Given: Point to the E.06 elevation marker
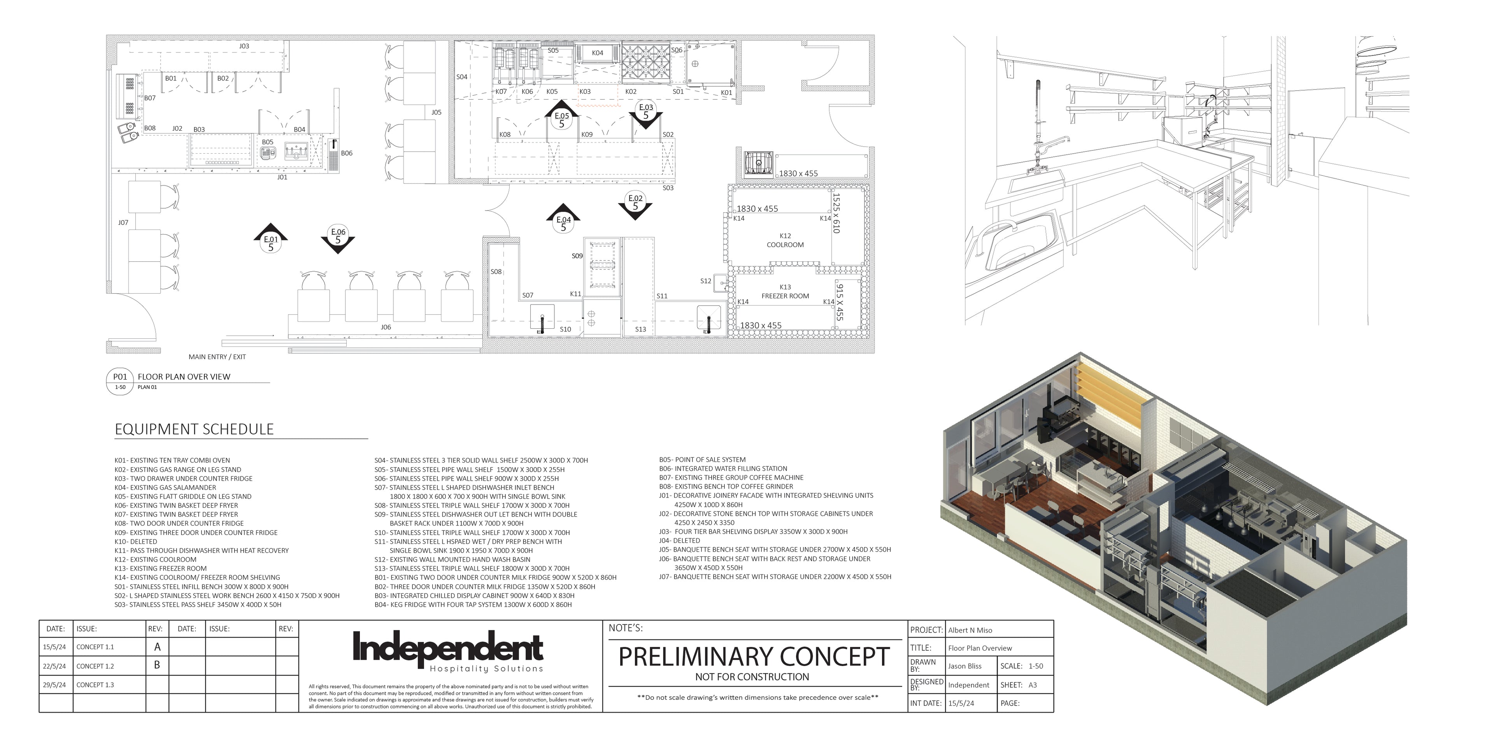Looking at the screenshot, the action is [338, 237].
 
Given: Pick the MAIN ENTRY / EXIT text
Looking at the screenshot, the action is [217, 357].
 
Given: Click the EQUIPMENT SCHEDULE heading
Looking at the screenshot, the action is [194, 429].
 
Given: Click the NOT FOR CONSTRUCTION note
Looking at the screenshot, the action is [752, 677].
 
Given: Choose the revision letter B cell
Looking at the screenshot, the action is [156, 666].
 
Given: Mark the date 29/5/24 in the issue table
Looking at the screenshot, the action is [54, 685].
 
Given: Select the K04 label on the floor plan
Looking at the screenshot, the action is [597, 53].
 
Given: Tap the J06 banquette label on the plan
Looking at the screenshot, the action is [386, 327].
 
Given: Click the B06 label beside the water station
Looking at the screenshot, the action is [347, 153].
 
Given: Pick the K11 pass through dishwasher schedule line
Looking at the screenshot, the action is [201, 551].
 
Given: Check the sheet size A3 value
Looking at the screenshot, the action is [1032, 685].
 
